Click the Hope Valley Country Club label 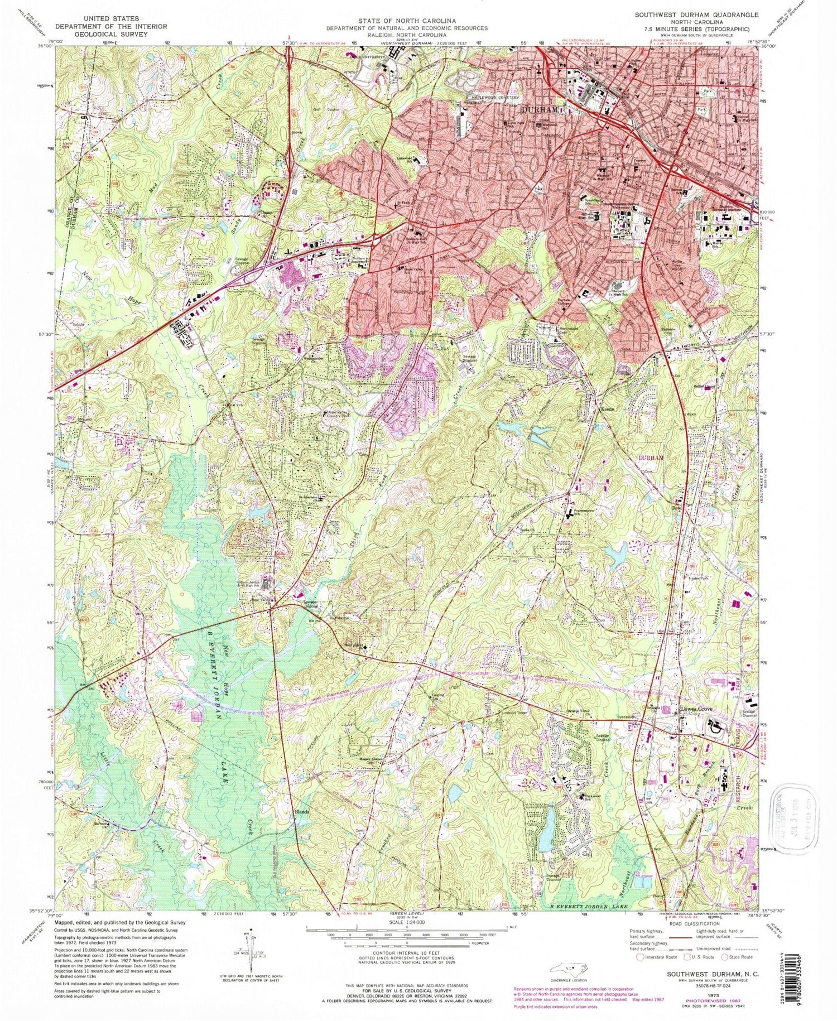pos(335,415)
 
